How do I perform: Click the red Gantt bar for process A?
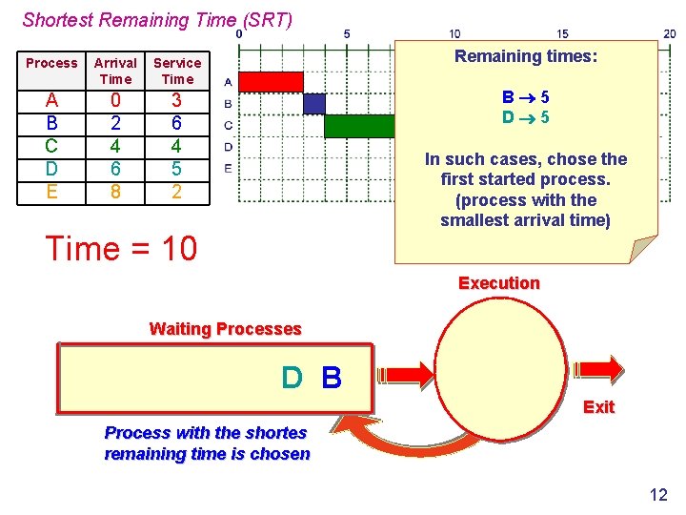pos(270,82)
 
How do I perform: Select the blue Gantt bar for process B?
pos(313,104)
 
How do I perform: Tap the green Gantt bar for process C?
pos(359,126)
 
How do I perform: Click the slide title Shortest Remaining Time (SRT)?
pos(157,19)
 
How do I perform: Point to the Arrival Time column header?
pos(115,71)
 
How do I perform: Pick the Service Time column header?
pos(177,71)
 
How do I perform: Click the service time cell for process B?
pos(176,123)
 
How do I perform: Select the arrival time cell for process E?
pos(115,191)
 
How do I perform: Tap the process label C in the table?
pos(51,146)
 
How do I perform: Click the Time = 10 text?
pos(121,249)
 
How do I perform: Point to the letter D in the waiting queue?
pos(292,379)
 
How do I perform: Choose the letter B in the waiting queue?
pos(332,379)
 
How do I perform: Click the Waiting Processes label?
pos(225,329)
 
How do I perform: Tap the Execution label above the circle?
pos(498,283)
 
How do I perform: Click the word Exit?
pos(598,407)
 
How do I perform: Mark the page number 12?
pos(657,494)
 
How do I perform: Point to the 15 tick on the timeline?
pos(562,33)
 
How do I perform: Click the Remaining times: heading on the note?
pos(526,56)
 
